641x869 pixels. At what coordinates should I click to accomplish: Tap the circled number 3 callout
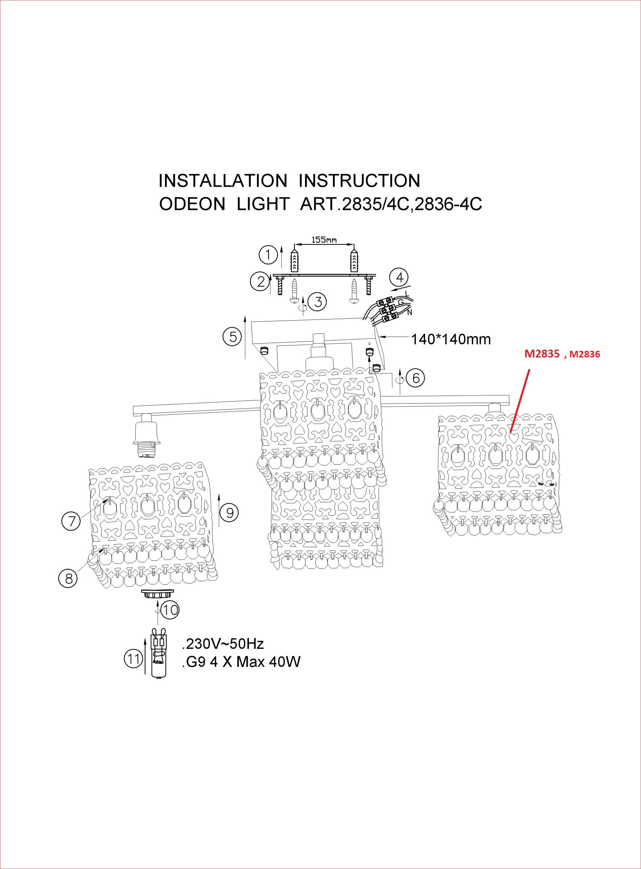point(318,302)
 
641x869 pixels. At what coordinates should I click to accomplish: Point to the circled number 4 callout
point(400,277)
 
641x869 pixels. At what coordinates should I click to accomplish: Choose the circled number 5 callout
point(233,336)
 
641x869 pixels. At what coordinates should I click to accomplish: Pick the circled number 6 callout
point(415,377)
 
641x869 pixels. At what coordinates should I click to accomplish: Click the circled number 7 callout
point(71,521)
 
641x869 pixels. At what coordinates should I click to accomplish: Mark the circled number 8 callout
point(68,579)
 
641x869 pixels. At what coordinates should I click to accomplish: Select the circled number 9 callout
point(230,513)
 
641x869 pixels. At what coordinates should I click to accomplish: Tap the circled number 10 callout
point(170,610)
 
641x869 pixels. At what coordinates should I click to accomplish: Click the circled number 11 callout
point(133,659)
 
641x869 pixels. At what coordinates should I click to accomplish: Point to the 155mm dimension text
point(324,240)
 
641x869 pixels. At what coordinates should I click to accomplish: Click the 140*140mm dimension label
point(450,340)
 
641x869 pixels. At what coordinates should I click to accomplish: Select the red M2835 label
point(542,354)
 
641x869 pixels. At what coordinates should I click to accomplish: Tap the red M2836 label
point(585,354)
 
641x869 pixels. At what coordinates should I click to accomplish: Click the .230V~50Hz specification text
point(223,644)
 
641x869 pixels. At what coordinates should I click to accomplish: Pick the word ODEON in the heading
point(192,204)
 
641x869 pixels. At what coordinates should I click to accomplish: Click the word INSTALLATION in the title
point(223,181)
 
